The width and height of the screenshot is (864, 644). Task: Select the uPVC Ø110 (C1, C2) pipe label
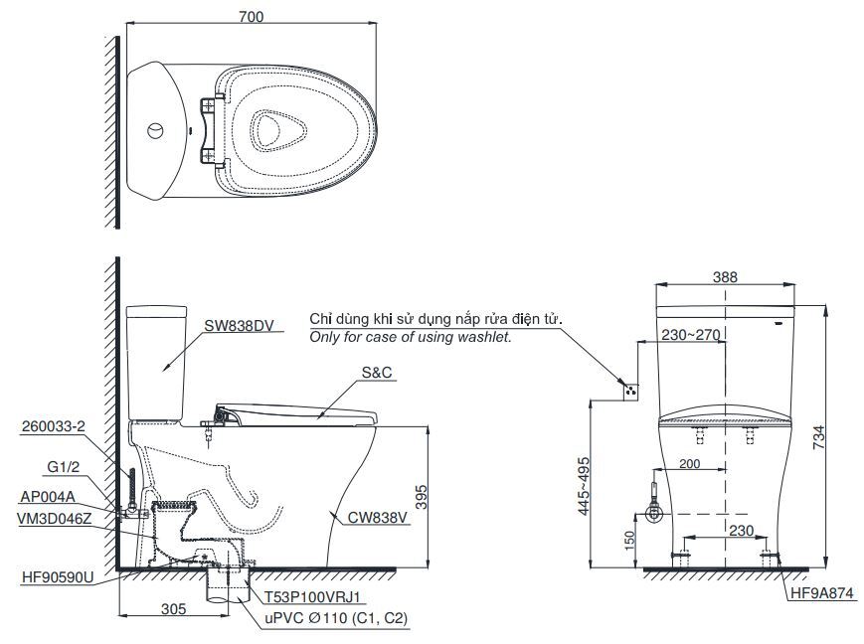[x=335, y=617]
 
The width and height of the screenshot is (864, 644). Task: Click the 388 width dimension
[x=726, y=278]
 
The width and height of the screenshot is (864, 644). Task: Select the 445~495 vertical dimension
[x=584, y=487]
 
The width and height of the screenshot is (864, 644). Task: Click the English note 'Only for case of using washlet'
[x=411, y=338]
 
